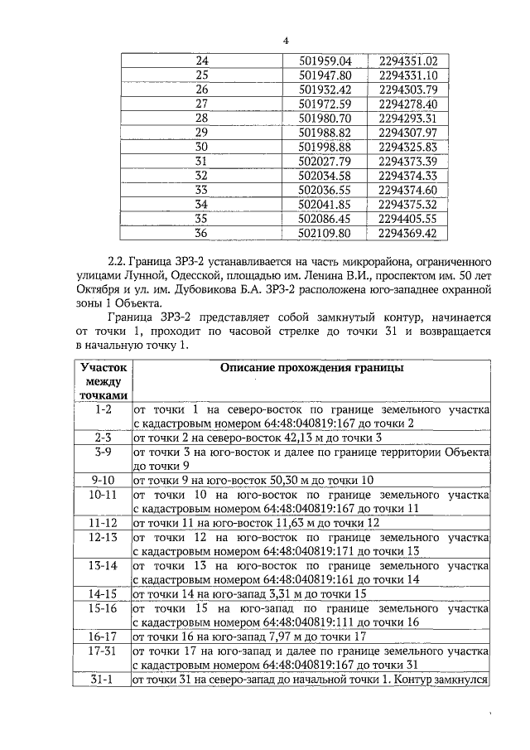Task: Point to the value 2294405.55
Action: click(x=407, y=219)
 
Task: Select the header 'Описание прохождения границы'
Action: click(x=311, y=368)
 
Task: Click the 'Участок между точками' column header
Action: click(x=104, y=380)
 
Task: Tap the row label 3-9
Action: click(x=104, y=452)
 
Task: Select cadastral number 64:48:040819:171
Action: click(x=317, y=551)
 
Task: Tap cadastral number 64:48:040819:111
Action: click(x=317, y=622)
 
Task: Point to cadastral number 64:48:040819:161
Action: click(x=317, y=579)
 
